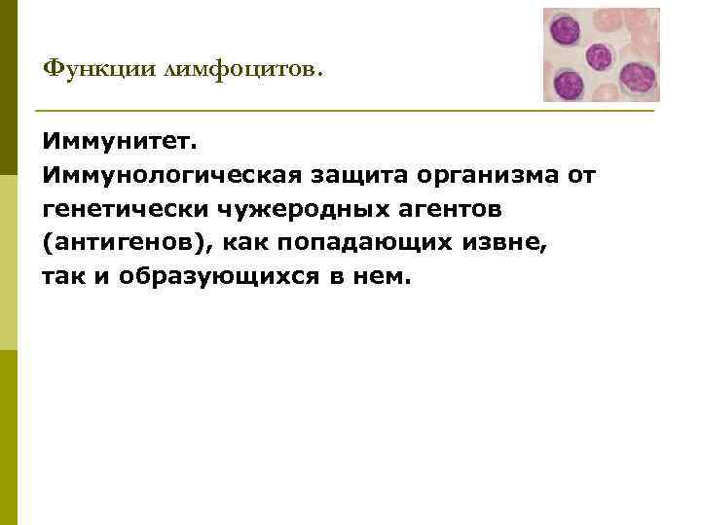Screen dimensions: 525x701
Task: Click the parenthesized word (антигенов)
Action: pyautogui.click(x=123, y=243)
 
